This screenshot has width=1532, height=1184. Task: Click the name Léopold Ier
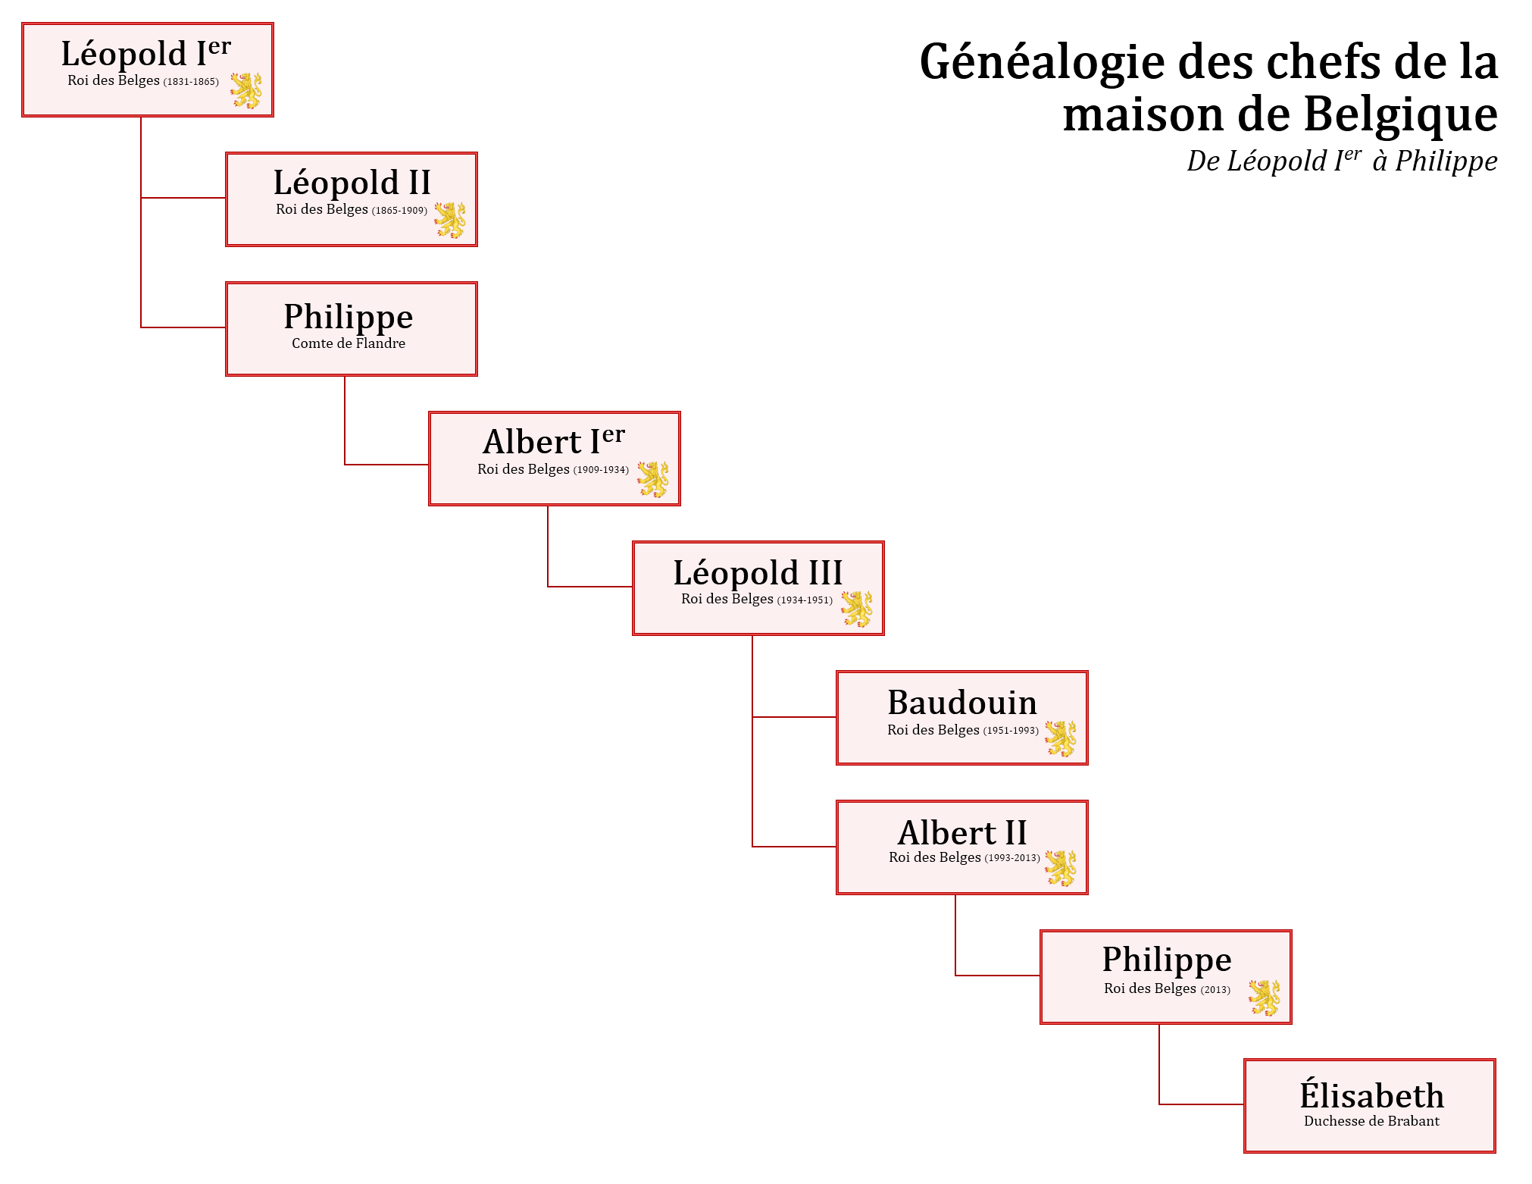(x=145, y=54)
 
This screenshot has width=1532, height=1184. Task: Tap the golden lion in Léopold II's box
(x=450, y=220)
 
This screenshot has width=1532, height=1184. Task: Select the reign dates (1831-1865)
(x=191, y=82)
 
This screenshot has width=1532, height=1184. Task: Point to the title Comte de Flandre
(x=349, y=343)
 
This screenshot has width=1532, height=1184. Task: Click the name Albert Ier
(x=553, y=441)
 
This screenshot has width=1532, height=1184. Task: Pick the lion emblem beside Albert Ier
(x=653, y=479)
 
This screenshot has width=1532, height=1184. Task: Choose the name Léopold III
(x=758, y=572)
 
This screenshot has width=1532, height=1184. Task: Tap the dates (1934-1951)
(x=805, y=600)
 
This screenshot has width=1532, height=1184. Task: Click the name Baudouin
(x=962, y=703)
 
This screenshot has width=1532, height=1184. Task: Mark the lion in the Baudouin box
(x=1061, y=738)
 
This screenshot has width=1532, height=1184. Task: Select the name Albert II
(x=962, y=833)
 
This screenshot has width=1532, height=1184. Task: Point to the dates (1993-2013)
(x=1012, y=858)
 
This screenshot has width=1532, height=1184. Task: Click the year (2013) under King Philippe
(x=1215, y=989)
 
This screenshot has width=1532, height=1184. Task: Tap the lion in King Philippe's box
(x=1265, y=998)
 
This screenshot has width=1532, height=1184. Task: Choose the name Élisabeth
(x=1371, y=1095)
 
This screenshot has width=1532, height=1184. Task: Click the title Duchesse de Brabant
(x=1371, y=1121)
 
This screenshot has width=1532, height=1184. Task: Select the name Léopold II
(x=352, y=183)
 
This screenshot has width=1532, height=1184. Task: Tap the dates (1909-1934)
(x=601, y=470)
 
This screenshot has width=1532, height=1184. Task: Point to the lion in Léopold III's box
(x=857, y=609)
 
